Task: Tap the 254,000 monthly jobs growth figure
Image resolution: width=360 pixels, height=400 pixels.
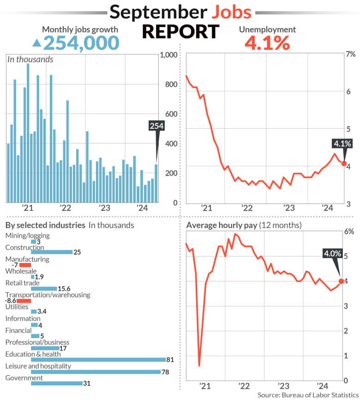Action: (x=81, y=43)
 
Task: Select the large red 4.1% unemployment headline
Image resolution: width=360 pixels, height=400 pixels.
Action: (x=267, y=43)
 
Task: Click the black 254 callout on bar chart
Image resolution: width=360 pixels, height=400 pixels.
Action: (x=156, y=126)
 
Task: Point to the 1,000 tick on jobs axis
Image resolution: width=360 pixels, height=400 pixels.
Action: (x=168, y=55)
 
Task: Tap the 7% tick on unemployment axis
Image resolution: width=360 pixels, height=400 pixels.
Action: (x=351, y=55)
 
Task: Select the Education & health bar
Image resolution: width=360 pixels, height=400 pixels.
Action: (x=98, y=359)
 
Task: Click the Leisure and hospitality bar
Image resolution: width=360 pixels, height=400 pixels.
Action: (x=96, y=372)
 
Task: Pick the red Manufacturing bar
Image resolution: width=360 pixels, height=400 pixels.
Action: (x=25, y=265)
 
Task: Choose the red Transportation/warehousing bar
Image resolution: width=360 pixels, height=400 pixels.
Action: (x=24, y=300)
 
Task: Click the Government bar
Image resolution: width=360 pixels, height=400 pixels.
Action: (x=56, y=383)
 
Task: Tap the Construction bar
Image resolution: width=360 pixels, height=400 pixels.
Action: (x=52, y=252)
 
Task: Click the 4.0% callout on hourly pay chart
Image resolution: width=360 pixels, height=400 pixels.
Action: (x=332, y=253)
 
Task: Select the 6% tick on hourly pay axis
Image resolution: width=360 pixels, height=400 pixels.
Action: (x=350, y=232)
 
